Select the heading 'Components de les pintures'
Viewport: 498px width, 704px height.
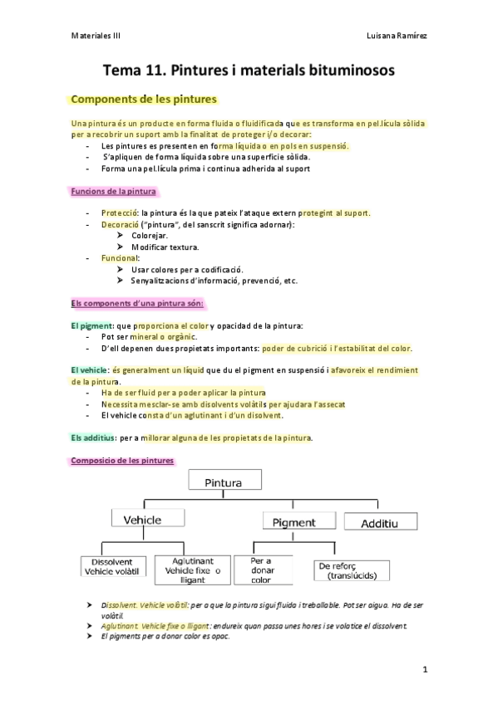[x=145, y=100]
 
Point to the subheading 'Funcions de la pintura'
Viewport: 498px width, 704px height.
[x=113, y=192]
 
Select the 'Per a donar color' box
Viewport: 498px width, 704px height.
[x=263, y=570]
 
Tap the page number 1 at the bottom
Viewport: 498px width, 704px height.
[x=425, y=668]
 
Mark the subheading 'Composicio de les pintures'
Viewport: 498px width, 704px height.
[x=121, y=460]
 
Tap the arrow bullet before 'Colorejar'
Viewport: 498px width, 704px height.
[x=121, y=236]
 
